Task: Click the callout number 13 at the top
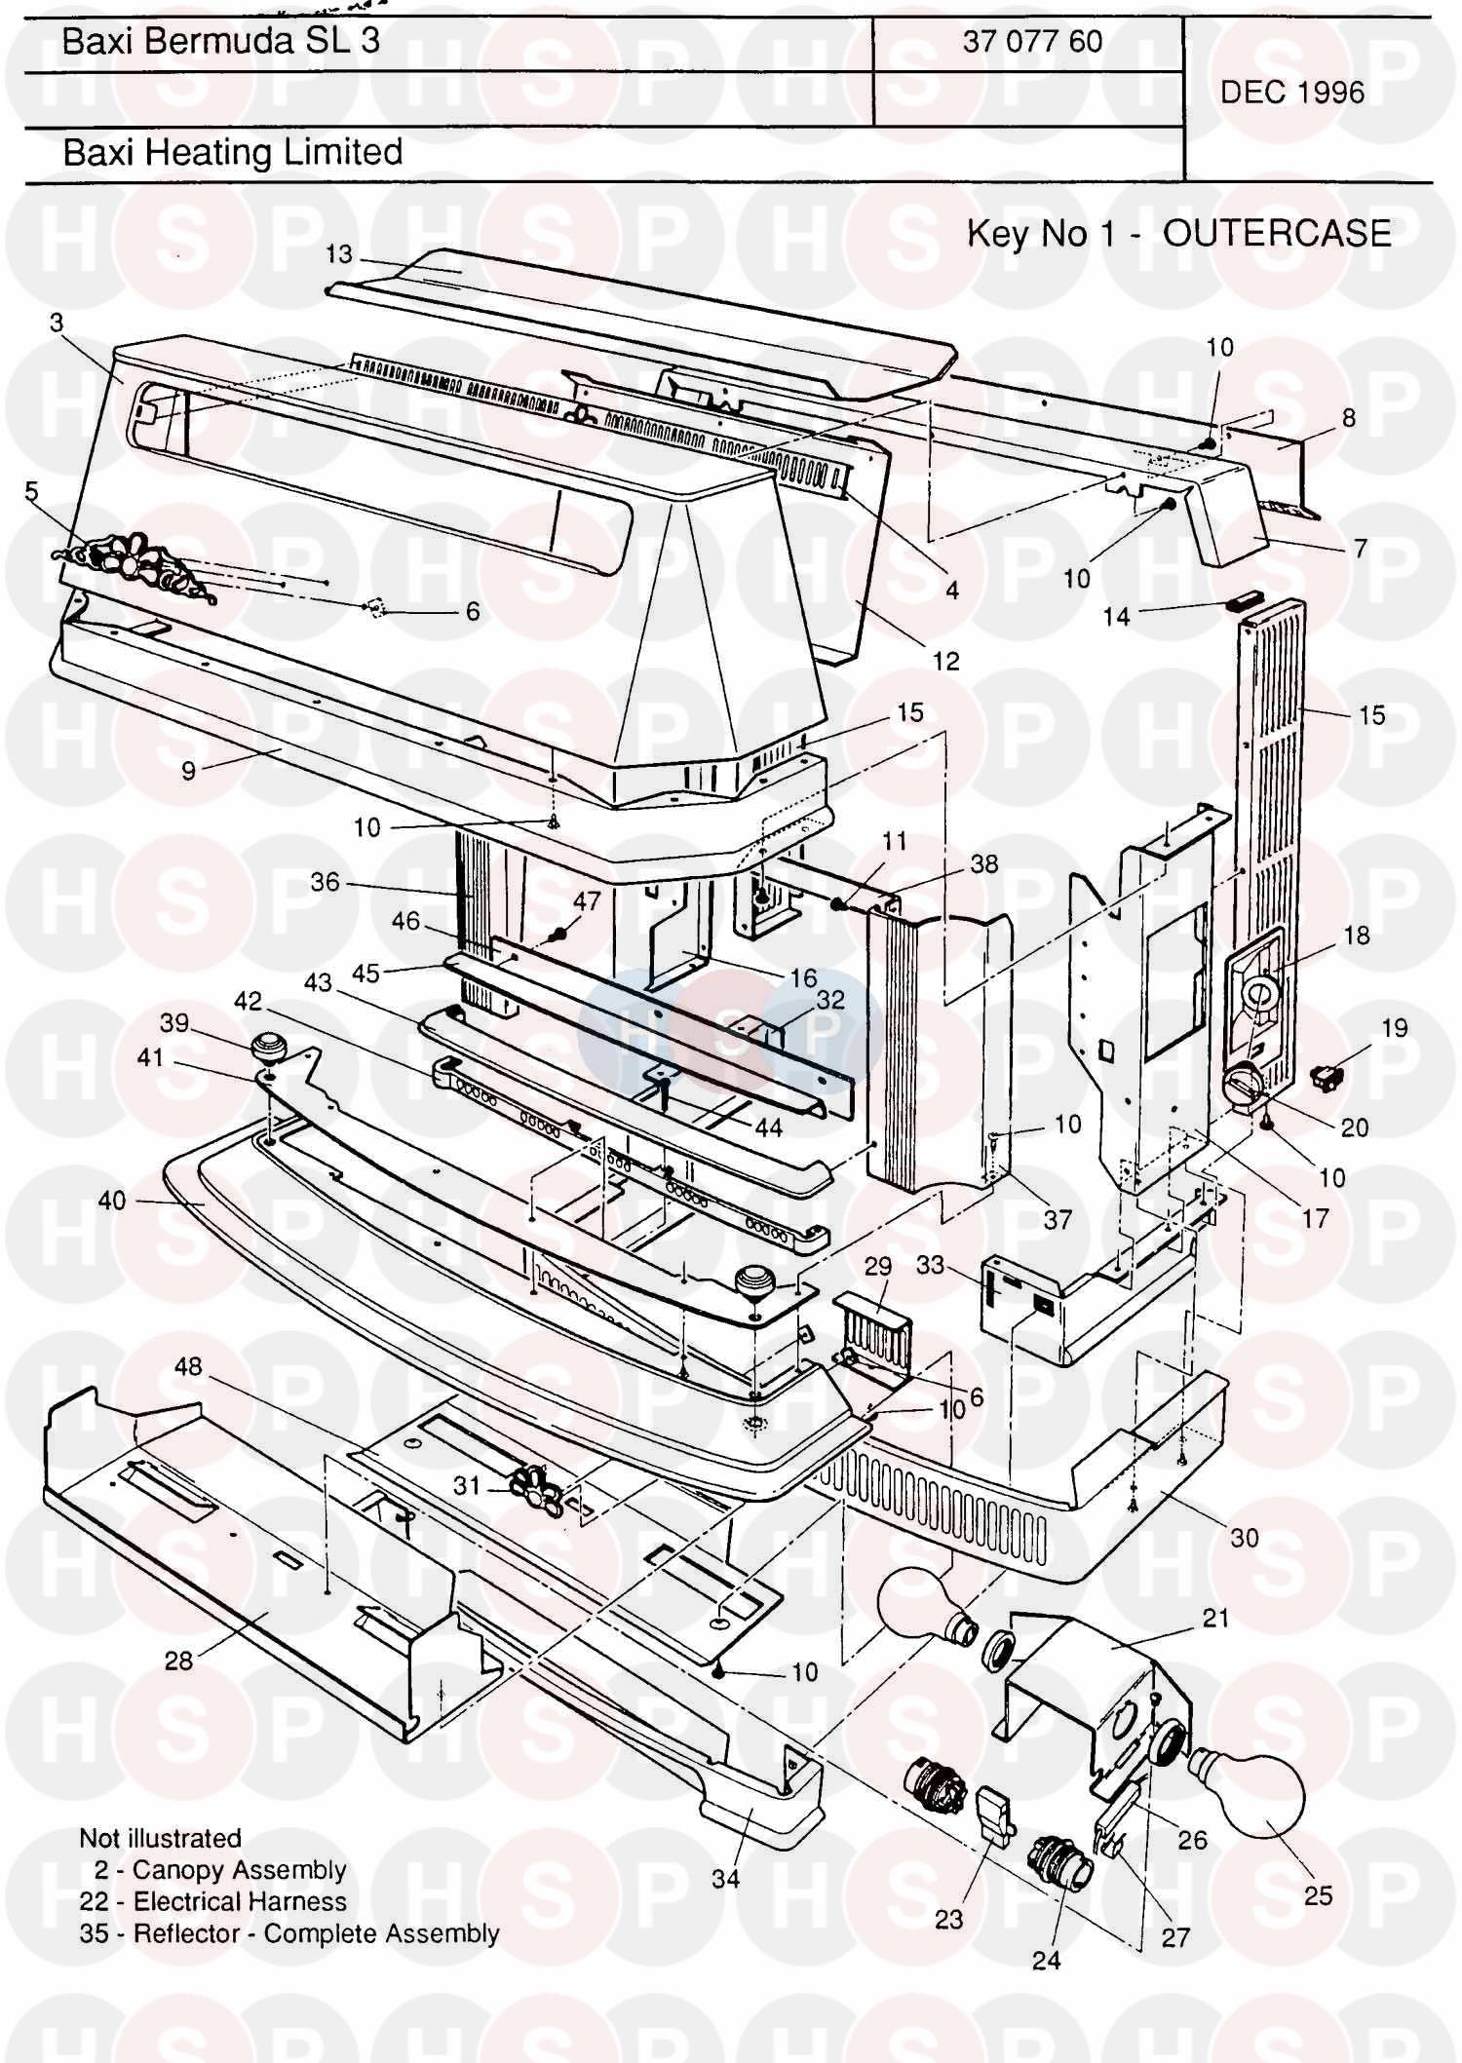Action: tap(338, 254)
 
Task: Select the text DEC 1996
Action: tap(1292, 93)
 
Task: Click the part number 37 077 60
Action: tap(1032, 41)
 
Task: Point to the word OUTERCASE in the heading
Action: tap(1277, 234)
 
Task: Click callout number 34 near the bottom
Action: tap(726, 1878)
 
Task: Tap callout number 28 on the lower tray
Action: tap(178, 1660)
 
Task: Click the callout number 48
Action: tap(188, 1366)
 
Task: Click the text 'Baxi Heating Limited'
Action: tap(233, 152)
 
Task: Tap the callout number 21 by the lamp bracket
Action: tap(1215, 1619)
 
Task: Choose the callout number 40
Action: tap(112, 1200)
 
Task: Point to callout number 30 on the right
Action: tap(1245, 1538)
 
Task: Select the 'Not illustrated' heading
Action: tap(160, 1839)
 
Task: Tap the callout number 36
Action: tap(325, 882)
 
